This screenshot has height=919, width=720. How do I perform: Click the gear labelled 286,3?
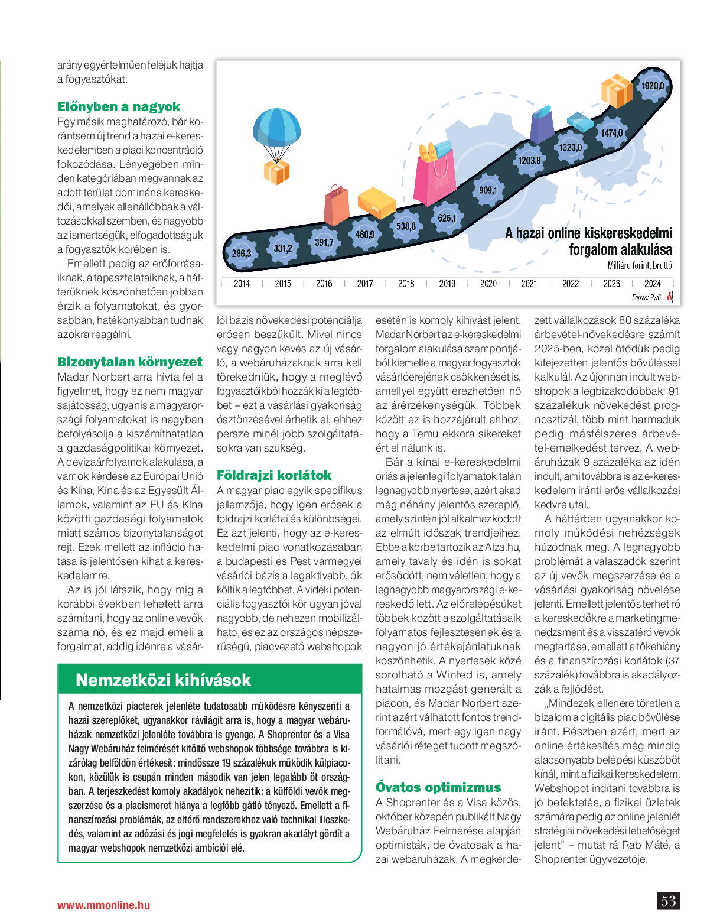tap(241, 254)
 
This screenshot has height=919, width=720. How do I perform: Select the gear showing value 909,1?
tap(488, 190)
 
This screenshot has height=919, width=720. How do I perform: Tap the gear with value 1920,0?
tap(652, 86)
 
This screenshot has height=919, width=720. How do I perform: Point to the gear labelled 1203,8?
tap(529, 160)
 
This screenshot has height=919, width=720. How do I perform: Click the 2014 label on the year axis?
tap(242, 284)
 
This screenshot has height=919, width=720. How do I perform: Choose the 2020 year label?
tap(488, 284)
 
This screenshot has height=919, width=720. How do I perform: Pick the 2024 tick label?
tap(652, 284)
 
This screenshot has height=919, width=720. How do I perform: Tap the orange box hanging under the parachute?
tap(276, 171)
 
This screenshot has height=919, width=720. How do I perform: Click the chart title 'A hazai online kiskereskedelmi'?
tap(588, 233)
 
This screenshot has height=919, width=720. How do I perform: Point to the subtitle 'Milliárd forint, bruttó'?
tap(640, 266)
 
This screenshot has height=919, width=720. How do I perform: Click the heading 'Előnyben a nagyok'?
tap(119, 107)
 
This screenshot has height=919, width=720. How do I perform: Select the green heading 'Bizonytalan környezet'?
tap(130, 362)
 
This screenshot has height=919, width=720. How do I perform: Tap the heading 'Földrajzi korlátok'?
tap(274, 476)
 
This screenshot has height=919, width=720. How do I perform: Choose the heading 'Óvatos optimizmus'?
tap(438, 788)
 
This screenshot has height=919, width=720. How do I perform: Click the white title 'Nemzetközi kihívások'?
tap(164, 680)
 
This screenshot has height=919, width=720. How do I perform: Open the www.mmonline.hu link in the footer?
tap(103, 905)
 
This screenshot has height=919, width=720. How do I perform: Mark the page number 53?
tap(668, 901)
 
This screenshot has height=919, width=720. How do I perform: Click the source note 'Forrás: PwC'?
tap(646, 298)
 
